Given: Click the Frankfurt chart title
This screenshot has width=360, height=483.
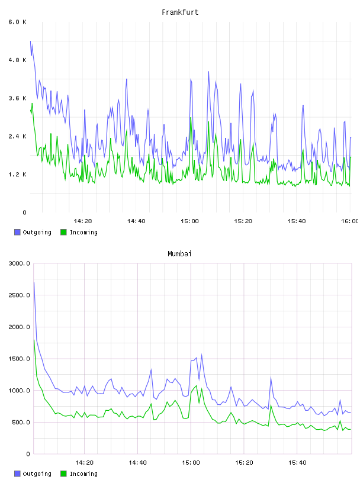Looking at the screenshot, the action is (180, 12).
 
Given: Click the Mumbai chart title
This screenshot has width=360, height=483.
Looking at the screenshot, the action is (179, 254).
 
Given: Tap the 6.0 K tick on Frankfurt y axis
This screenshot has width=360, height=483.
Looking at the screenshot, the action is (17, 22).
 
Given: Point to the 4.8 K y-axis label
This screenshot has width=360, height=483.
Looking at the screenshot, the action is (17, 60).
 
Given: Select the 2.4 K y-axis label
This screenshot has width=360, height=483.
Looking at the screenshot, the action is (17, 136).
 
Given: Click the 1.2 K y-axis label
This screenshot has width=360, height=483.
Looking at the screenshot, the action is (17, 175).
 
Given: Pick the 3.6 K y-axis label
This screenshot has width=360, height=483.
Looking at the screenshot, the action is (17, 98).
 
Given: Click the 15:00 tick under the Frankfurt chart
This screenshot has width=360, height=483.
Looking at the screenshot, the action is (189, 221).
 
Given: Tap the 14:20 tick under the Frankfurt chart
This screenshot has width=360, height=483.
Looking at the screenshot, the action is (83, 221).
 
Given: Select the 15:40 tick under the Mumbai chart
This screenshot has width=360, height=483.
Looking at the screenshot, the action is (297, 462).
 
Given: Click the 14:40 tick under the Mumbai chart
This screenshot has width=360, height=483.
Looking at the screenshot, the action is (137, 462).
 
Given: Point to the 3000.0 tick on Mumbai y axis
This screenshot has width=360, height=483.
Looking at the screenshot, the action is (19, 263).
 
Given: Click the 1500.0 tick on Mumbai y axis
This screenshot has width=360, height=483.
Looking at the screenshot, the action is (19, 359).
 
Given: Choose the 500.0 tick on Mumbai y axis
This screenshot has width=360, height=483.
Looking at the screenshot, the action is (21, 422).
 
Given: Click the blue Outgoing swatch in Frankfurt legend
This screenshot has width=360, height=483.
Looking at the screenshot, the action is (17, 232).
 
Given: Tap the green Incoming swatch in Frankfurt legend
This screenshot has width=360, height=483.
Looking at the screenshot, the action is (63, 232).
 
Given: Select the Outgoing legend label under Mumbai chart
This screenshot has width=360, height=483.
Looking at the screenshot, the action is (37, 474).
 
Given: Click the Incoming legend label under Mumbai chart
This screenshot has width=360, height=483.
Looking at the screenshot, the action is (83, 474).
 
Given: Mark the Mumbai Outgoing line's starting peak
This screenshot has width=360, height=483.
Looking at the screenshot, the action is (34, 282).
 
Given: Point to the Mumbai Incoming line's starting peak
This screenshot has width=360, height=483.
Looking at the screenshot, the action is (34, 340).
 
